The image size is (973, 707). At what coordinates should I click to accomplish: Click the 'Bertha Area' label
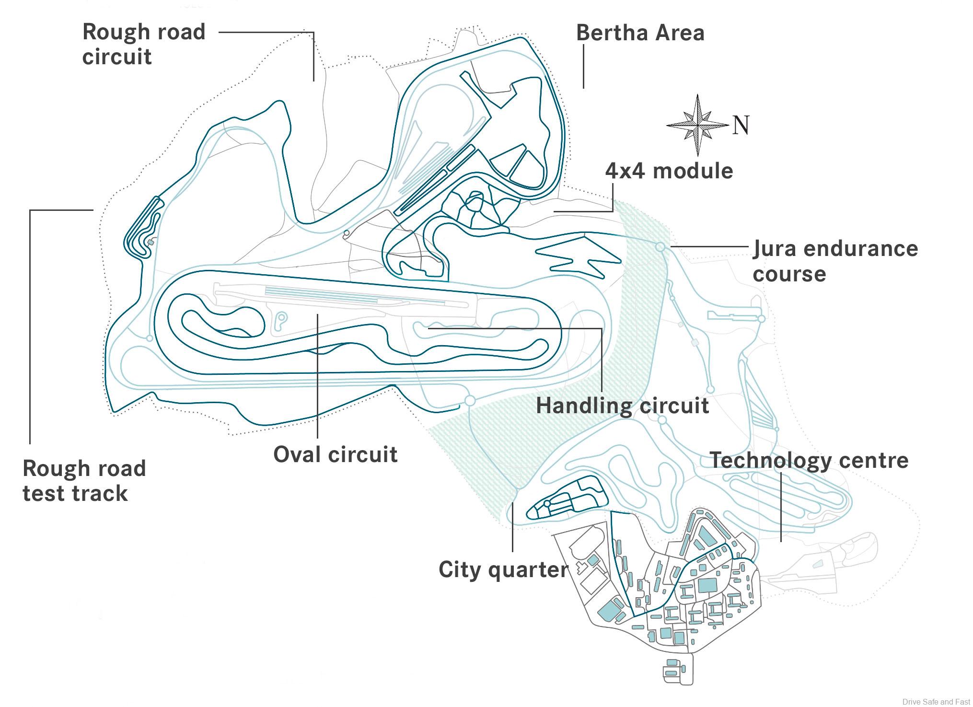640,33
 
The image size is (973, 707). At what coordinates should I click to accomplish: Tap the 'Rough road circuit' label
143,44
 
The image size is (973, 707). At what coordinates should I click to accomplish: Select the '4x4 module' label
669,171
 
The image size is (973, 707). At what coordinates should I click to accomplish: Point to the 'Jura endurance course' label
835,261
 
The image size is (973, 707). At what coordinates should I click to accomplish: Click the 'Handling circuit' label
622,406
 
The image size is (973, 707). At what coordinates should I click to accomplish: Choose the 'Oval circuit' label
335,454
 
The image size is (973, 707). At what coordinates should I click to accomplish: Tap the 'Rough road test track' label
84,481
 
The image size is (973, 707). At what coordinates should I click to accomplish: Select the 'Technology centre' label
809,461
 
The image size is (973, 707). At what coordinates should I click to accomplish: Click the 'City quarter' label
503,570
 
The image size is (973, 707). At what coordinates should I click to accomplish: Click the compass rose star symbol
697,125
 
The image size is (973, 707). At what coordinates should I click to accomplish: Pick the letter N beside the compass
741,125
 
